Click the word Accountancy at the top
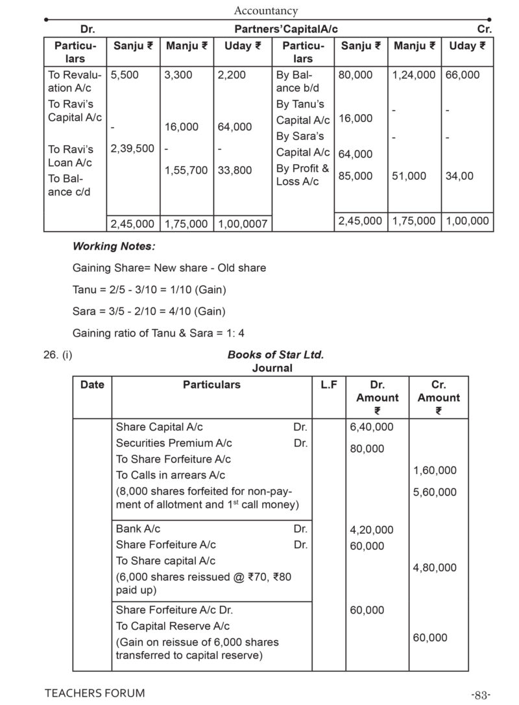pyautogui.click(x=265, y=10)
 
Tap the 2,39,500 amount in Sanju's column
pyautogui.click(x=132, y=149)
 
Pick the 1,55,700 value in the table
pyautogui.click(x=186, y=171)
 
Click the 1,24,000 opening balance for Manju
pyautogui.click(x=414, y=75)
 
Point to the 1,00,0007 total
pyautogui.click(x=243, y=224)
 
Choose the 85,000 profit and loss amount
pyautogui.click(x=356, y=176)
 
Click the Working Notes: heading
pyautogui.click(x=114, y=246)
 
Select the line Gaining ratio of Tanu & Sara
pyautogui.click(x=158, y=333)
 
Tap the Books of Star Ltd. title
pyautogui.click(x=276, y=355)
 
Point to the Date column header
pyautogui.click(x=92, y=385)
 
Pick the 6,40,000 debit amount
pyautogui.click(x=372, y=427)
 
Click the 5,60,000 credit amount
pyautogui.click(x=435, y=492)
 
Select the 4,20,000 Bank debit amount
pyautogui.click(x=372, y=530)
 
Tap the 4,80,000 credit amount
pyautogui.click(x=435, y=568)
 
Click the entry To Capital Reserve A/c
pyautogui.click(x=173, y=626)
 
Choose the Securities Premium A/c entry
pyautogui.click(x=174, y=443)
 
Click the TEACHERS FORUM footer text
pyautogui.click(x=95, y=693)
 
